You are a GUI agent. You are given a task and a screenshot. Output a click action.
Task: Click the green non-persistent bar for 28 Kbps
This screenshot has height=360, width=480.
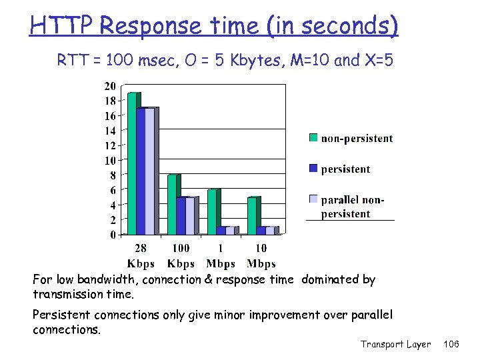click(x=131, y=163)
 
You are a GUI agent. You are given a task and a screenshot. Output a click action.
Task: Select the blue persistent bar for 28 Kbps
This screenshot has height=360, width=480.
click(x=141, y=171)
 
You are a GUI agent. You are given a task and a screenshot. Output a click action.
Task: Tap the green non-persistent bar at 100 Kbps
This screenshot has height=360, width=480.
click(x=171, y=204)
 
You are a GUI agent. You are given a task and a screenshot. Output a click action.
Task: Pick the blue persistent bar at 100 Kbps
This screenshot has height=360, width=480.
click(x=181, y=215)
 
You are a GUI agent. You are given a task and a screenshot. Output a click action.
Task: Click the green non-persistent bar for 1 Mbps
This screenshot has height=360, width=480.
click(x=211, y=211)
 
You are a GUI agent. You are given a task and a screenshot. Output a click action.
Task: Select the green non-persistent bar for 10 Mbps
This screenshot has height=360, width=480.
click(x=251, y=215)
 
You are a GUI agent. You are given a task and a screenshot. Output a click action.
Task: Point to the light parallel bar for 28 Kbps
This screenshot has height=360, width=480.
click(x=150, y=171)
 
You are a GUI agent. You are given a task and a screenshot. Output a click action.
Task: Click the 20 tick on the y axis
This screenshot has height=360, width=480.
click(x=109, y=86)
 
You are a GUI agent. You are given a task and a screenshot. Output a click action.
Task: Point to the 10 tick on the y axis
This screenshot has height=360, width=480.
click(x=109, y=160)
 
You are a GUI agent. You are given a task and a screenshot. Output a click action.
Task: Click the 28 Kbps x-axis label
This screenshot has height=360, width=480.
click(x=141, y=256)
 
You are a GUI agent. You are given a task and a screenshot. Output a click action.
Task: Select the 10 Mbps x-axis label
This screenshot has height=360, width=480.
click(x=261, y=256)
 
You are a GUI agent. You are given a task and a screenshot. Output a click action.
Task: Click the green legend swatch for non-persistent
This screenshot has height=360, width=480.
click(x=313, y=138)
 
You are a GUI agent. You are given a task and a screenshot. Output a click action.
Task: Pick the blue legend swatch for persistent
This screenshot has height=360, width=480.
click(x=313, y=169)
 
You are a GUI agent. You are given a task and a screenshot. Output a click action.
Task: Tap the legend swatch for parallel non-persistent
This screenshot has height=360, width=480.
click(x=313, y=199)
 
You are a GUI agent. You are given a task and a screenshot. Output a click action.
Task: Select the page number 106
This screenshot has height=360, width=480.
click(x=451, y=344)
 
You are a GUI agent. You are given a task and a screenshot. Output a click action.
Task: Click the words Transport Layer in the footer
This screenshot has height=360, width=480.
click(x=395, y=344)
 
